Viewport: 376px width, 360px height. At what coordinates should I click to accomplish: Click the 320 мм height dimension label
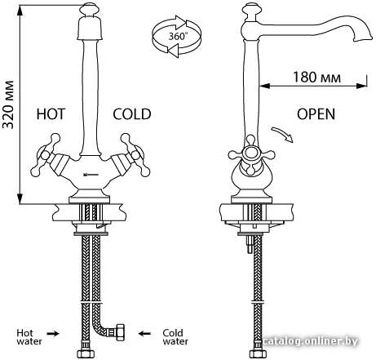[x=8, y=104]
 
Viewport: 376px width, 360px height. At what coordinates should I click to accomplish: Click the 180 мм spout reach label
[x=316, y=78]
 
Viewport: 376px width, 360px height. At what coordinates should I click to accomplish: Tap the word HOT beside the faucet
[x=51, y=114]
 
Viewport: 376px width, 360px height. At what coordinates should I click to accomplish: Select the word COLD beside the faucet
[x=132, y=114]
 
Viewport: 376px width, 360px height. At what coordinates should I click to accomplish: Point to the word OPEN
[x=316, y=114]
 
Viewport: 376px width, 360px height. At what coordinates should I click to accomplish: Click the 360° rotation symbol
[x=177, y=36]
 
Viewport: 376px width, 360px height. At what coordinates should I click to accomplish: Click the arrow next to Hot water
[x=53, y=333]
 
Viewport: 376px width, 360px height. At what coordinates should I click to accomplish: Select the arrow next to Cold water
[x=144, y=333]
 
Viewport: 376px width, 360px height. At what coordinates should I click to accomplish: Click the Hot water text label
[x=29, y=337]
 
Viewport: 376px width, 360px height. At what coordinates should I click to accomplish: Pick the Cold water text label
[x=175, y=337]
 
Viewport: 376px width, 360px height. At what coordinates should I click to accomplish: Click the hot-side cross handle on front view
[x=46, y=154]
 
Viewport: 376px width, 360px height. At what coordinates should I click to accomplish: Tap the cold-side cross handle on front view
[x=135, y=154]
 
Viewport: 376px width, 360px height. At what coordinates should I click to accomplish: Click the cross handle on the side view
[x=251, y=154]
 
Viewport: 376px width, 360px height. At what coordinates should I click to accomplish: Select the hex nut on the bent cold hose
[x=119, y=332]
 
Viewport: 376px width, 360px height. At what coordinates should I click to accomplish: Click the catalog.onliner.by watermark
[x=311, y=341]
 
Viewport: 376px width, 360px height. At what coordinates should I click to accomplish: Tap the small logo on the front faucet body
[x=90, y=173]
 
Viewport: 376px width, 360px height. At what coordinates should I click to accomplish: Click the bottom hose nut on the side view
[x=256, y=354]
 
